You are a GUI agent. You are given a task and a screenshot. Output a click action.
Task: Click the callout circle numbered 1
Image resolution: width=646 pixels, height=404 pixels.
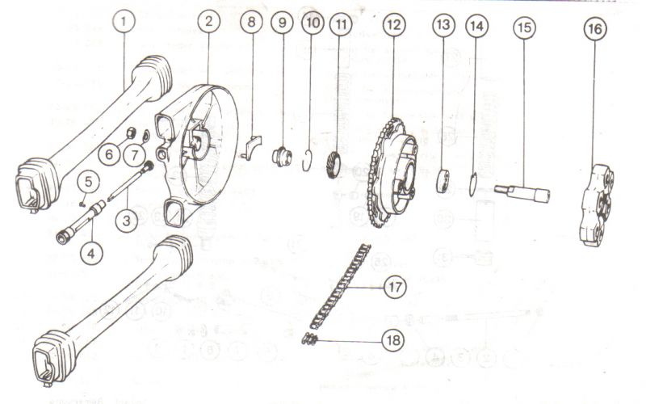(124, 21)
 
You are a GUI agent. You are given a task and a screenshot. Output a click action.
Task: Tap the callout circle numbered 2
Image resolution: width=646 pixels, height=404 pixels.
(209, 21)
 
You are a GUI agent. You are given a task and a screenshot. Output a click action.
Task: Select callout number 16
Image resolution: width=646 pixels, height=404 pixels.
(595, 29)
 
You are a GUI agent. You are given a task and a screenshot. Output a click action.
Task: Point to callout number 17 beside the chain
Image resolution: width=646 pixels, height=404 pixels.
(395, 287)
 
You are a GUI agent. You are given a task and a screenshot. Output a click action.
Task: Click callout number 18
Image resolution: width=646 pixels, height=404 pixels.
(393, 340)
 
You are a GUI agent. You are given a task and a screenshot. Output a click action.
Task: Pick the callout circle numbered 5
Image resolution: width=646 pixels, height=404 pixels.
(88, 183)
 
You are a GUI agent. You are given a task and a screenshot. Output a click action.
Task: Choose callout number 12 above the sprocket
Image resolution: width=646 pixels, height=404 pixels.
(393, 26)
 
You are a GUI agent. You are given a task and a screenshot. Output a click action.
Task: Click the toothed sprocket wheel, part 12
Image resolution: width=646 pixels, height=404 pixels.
(391, 172)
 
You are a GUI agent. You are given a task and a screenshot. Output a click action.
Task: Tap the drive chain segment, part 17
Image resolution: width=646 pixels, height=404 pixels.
(340, 286)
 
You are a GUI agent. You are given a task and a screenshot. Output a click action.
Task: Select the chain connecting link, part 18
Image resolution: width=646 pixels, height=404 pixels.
(310, 339)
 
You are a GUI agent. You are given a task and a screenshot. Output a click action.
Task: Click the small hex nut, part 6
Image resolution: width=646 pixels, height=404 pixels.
(131, 133)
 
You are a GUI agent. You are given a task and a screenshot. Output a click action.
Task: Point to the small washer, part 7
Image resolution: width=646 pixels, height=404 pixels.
(145, 135)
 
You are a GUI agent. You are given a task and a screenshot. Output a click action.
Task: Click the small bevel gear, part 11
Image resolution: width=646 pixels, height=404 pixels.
(335, 165)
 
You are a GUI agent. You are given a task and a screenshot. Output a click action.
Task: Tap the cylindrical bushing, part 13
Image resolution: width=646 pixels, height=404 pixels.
(443, 180)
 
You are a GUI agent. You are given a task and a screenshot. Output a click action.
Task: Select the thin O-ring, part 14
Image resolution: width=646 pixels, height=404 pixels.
(473, 185)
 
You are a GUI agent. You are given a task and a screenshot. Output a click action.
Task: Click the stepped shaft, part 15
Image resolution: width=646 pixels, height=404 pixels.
(522, 193)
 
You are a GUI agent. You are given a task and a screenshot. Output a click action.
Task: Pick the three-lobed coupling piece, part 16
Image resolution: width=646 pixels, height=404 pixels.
(597, 205)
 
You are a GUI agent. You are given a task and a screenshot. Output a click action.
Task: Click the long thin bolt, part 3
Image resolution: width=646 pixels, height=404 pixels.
(131, 181)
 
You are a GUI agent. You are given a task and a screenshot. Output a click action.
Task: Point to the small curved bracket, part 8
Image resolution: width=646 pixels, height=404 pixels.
(250, 147)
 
